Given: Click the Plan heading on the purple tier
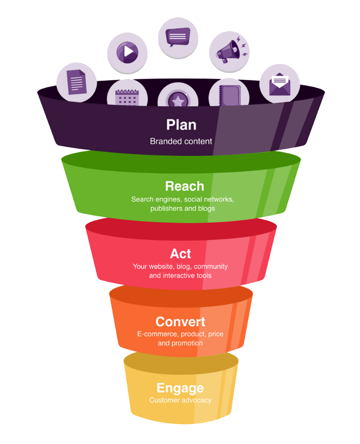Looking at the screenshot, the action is pyautogui.click(x=181, y=125).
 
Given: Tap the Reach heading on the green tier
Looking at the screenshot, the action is pyautogui.click(x=184, y=186).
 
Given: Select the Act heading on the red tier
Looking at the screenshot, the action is pyautogui.click(x=180, y=254).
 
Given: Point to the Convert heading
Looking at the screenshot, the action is pyautogui.click(x=180, y=322).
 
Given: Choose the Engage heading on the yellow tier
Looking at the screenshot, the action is pyautogui.click(x=180, y=388).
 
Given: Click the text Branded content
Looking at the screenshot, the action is pyautogui.click(x=181, y=141).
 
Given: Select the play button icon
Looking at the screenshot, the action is pyautogui.click(x=127, y=52).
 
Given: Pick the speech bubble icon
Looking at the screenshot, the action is pyautogui.click(x=178, y=37).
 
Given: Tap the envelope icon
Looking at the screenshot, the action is pyautogui.click(x=280, y=84).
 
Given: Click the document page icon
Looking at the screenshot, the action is pyautogui.click(x=76, y=82).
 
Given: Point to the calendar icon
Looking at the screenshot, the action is pyautogui.click(x=127, y=97).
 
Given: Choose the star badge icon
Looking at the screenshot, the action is pyautogui.click(x=178, y=100).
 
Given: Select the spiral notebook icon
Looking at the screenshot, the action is pyautogui.click(x=230, y=95).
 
